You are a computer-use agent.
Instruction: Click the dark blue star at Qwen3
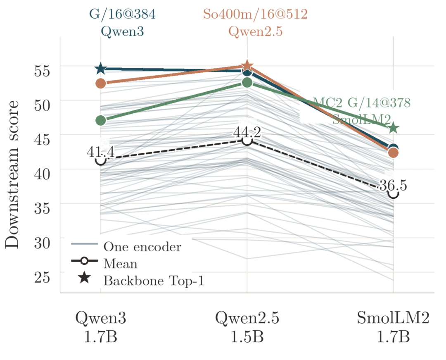(x=101, y=69)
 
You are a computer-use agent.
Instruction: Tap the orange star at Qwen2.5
(x=247, y=66)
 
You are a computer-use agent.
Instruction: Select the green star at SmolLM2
(x=394, y=128)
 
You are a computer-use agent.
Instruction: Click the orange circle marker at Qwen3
(x=101, y=83)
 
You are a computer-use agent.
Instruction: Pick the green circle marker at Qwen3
(x=101, y=120)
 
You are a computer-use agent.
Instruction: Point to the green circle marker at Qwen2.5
(x=247, y=83)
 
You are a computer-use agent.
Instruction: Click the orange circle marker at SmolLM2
(x=394, y=153)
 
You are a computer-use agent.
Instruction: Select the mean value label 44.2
(x=247, y=132)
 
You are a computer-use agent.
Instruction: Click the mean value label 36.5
(x=394, y=185)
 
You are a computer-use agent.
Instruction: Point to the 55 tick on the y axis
(x=42, y=70)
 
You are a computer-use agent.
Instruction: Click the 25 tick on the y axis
(x=42, y=277)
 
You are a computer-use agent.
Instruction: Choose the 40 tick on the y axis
(x=42, y=174)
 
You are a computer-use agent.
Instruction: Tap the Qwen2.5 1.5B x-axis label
(x=247, y=327)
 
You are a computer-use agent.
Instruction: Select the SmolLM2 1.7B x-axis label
(x=394, y=327)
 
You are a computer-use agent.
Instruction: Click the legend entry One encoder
(x=142, y=247)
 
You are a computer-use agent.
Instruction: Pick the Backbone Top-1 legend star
(x=85, y=277)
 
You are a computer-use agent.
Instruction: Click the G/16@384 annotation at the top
(x=122, y=14)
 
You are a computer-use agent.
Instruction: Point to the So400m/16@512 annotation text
(x=256, y=14)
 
